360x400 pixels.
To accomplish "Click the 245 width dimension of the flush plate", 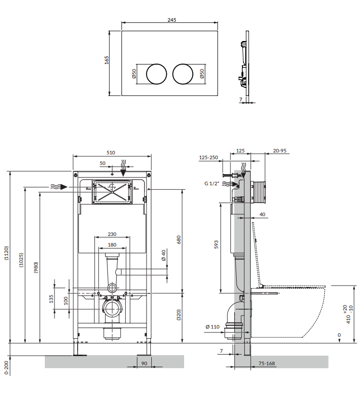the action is click(172, 20).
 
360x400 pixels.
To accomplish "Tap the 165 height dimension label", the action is click(107, 60).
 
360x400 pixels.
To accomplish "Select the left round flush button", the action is click(157, 74).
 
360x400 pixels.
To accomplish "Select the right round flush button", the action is click(183, 74).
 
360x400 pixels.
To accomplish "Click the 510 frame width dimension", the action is click(110, 152).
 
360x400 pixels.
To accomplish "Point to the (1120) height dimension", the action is click(6, 253).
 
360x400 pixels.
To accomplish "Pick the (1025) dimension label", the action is click(21, 260).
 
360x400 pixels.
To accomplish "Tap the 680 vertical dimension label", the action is click(179, 239).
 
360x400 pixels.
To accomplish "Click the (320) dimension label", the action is click(179, 315).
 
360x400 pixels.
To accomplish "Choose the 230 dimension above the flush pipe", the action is click(112, 234).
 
